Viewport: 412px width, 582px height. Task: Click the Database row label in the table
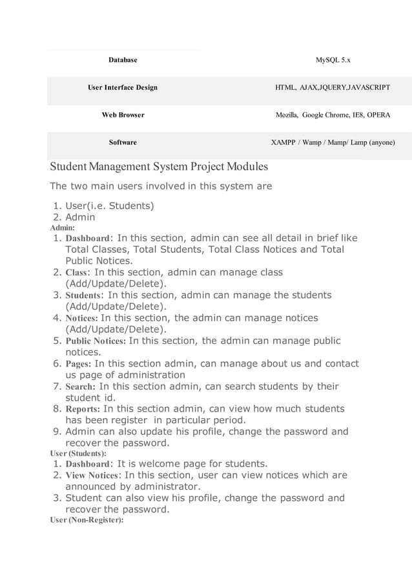[123, 60]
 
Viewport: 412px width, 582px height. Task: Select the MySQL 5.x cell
[333, 60]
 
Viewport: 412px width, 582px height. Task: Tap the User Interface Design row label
[123, 87]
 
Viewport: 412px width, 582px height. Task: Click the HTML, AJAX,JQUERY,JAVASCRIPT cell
[333, 87]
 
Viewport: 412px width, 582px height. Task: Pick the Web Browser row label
[123, 115]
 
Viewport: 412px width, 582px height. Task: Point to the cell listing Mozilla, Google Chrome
[333, 115]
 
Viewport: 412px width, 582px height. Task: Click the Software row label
[123, 142]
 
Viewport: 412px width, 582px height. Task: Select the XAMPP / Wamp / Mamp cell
[333, 142]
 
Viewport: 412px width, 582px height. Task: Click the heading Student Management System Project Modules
[159, 167]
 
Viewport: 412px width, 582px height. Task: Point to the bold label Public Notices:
[96, 341]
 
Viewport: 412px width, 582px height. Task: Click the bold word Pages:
[78, 364]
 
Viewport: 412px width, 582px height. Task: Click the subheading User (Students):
[78, 454]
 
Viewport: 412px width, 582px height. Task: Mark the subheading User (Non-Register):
[87, 520]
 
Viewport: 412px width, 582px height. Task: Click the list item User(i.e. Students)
[109, 206]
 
